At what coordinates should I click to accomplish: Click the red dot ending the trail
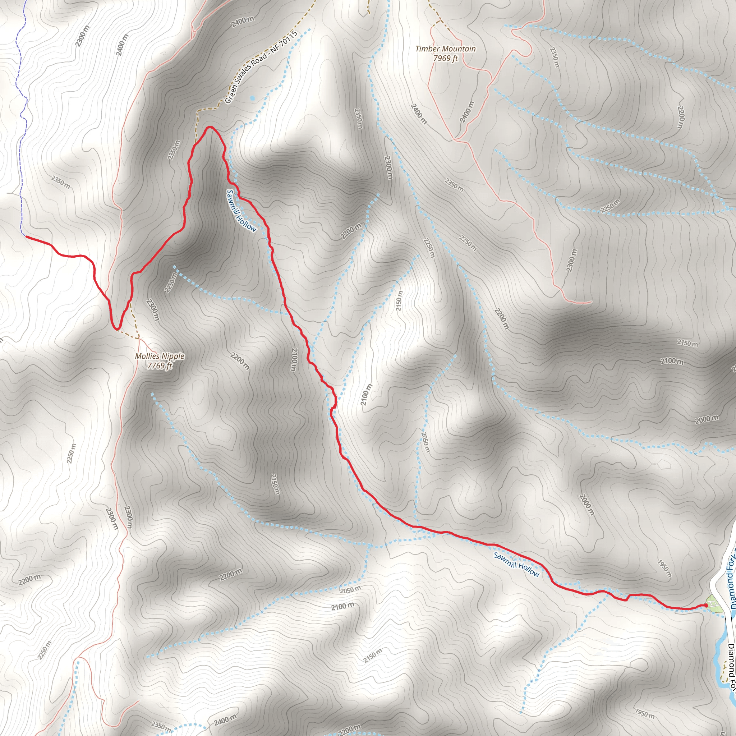click(x=706, y=605)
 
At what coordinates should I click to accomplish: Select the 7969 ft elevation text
click(x=445, y=58)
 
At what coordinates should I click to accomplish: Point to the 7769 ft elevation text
click(x=160, y=366)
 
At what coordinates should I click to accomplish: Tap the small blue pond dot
click(x=252, y=98)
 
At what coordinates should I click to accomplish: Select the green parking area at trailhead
click(x=715, y=606)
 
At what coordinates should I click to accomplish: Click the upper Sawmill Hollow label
click(x=241, y=210)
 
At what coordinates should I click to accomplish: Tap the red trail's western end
click(x=26, y=236)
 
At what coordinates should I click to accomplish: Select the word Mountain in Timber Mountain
click(x=462, y=49)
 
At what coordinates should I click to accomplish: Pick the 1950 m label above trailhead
click(x=664, y=569)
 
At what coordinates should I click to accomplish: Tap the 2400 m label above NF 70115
click(x=242, y=22)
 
